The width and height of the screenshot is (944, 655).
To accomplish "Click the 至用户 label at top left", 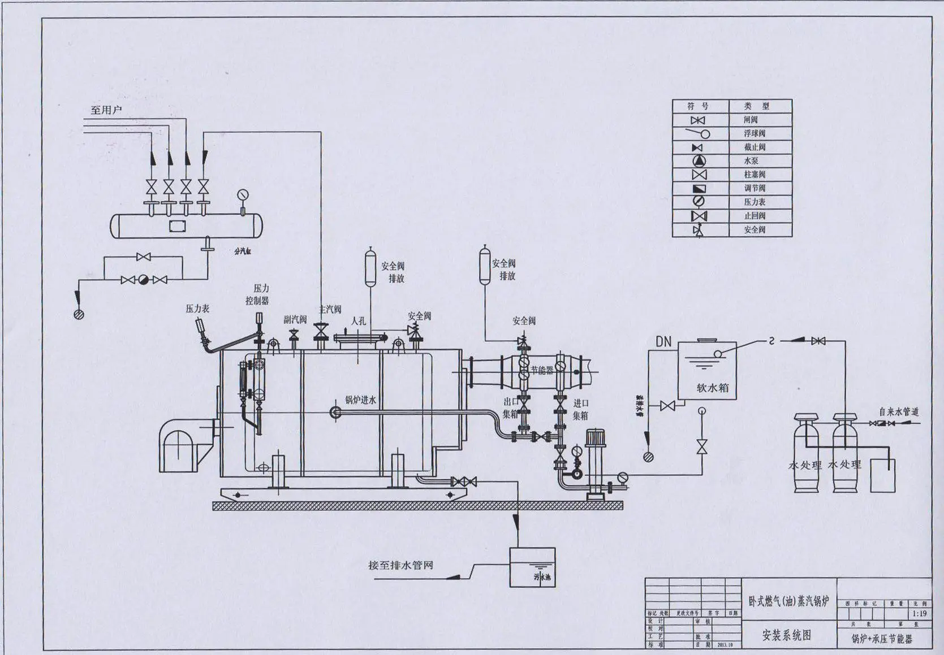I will pos(106,110).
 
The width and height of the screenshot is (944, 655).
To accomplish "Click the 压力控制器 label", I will pos(258,294).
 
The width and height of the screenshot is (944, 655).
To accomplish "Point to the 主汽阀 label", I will pos(330,309).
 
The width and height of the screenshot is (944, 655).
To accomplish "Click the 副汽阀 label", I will pos(295,319).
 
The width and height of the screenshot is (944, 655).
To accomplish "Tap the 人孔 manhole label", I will pos(358,320).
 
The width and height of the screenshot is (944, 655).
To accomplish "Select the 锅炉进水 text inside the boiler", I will pos(361,400).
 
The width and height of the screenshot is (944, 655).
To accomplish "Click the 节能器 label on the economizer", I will pos(541,371).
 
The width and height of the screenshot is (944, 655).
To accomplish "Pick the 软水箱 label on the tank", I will pos(712,388).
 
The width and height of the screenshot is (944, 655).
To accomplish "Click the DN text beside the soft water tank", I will pos(663,341).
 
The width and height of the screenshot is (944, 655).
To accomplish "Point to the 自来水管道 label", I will pos(898,412).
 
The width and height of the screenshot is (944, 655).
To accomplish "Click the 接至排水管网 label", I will pos(400,565).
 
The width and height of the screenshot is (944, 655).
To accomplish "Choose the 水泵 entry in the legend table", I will pos(751,161).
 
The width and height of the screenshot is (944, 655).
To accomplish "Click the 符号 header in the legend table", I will pos(698,106).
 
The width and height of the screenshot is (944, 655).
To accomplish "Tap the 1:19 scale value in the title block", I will pos(919,613).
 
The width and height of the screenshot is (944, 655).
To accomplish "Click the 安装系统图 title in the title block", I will pos(787,635).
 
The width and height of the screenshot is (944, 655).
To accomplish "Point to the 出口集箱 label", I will pos(510,407).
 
